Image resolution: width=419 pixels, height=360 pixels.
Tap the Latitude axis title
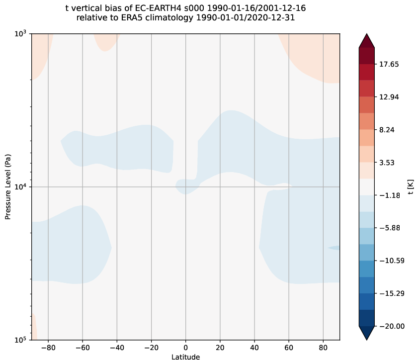[186, 357]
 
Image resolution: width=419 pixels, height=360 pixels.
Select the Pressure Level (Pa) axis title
[8, 187]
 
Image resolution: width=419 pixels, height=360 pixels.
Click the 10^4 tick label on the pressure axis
[21, 187]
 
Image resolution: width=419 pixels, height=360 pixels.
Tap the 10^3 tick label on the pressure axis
[21, 34]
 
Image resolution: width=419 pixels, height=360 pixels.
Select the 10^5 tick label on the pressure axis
[21, 340]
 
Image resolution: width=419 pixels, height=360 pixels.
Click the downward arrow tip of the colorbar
[366, 339]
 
